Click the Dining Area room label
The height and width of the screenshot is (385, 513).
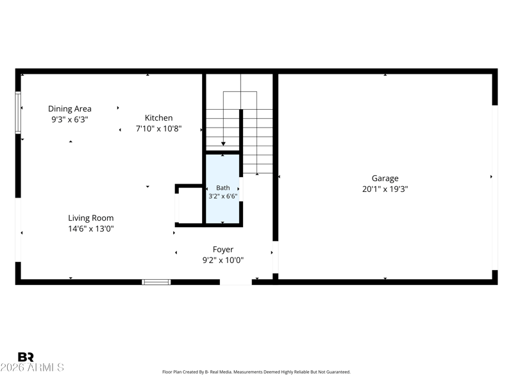coord(70,108)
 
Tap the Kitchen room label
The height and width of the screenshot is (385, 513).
coord(158,118)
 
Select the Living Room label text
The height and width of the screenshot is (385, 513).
coord(91,218)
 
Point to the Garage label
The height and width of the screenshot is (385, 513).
coord(385,178)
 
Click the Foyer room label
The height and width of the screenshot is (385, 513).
coord(223,250)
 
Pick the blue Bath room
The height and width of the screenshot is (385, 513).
coord(223,189)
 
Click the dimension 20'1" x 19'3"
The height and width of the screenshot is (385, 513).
coord(385,189)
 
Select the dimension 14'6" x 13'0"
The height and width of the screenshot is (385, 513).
coord(91,228)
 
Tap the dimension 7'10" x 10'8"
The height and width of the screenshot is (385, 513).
coord(158,128)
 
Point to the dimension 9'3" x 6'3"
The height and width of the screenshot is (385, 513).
coord(70,119)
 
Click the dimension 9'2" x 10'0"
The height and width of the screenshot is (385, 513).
coord(223,260)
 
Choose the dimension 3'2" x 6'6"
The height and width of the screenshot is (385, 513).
coord(223,196)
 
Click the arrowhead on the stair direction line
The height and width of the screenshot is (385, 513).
coord(223,144)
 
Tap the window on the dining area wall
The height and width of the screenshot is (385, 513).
coord(18,113)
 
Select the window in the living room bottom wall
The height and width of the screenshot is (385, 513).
coord(156,282)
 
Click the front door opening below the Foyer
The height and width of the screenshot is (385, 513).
coord(235,282)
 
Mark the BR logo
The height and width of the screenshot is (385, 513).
coord(26,357)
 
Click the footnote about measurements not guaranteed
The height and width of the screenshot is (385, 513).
coord(256,372)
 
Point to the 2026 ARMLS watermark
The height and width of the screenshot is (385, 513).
coord(32,367)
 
